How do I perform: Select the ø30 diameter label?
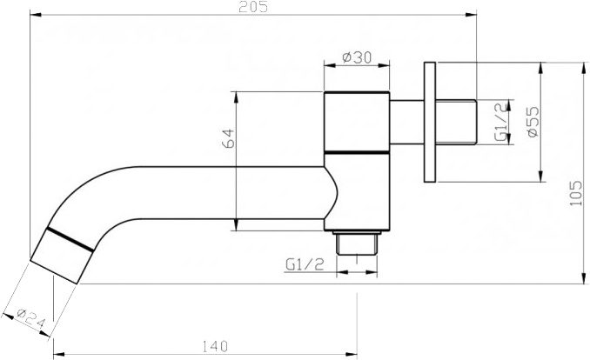click(357, 57)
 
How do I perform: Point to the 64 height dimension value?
click(228, 139)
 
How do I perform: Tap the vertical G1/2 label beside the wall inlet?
click(499, 122)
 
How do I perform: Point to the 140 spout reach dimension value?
click(210, 346)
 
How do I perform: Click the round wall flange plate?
click(429, 122)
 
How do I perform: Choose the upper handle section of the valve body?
click(357, 122)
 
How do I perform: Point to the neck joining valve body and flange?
click(406, 122)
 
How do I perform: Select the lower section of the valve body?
click(357, 191)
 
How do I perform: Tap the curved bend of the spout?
click(96, 191)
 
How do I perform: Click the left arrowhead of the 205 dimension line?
click(35, 15)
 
